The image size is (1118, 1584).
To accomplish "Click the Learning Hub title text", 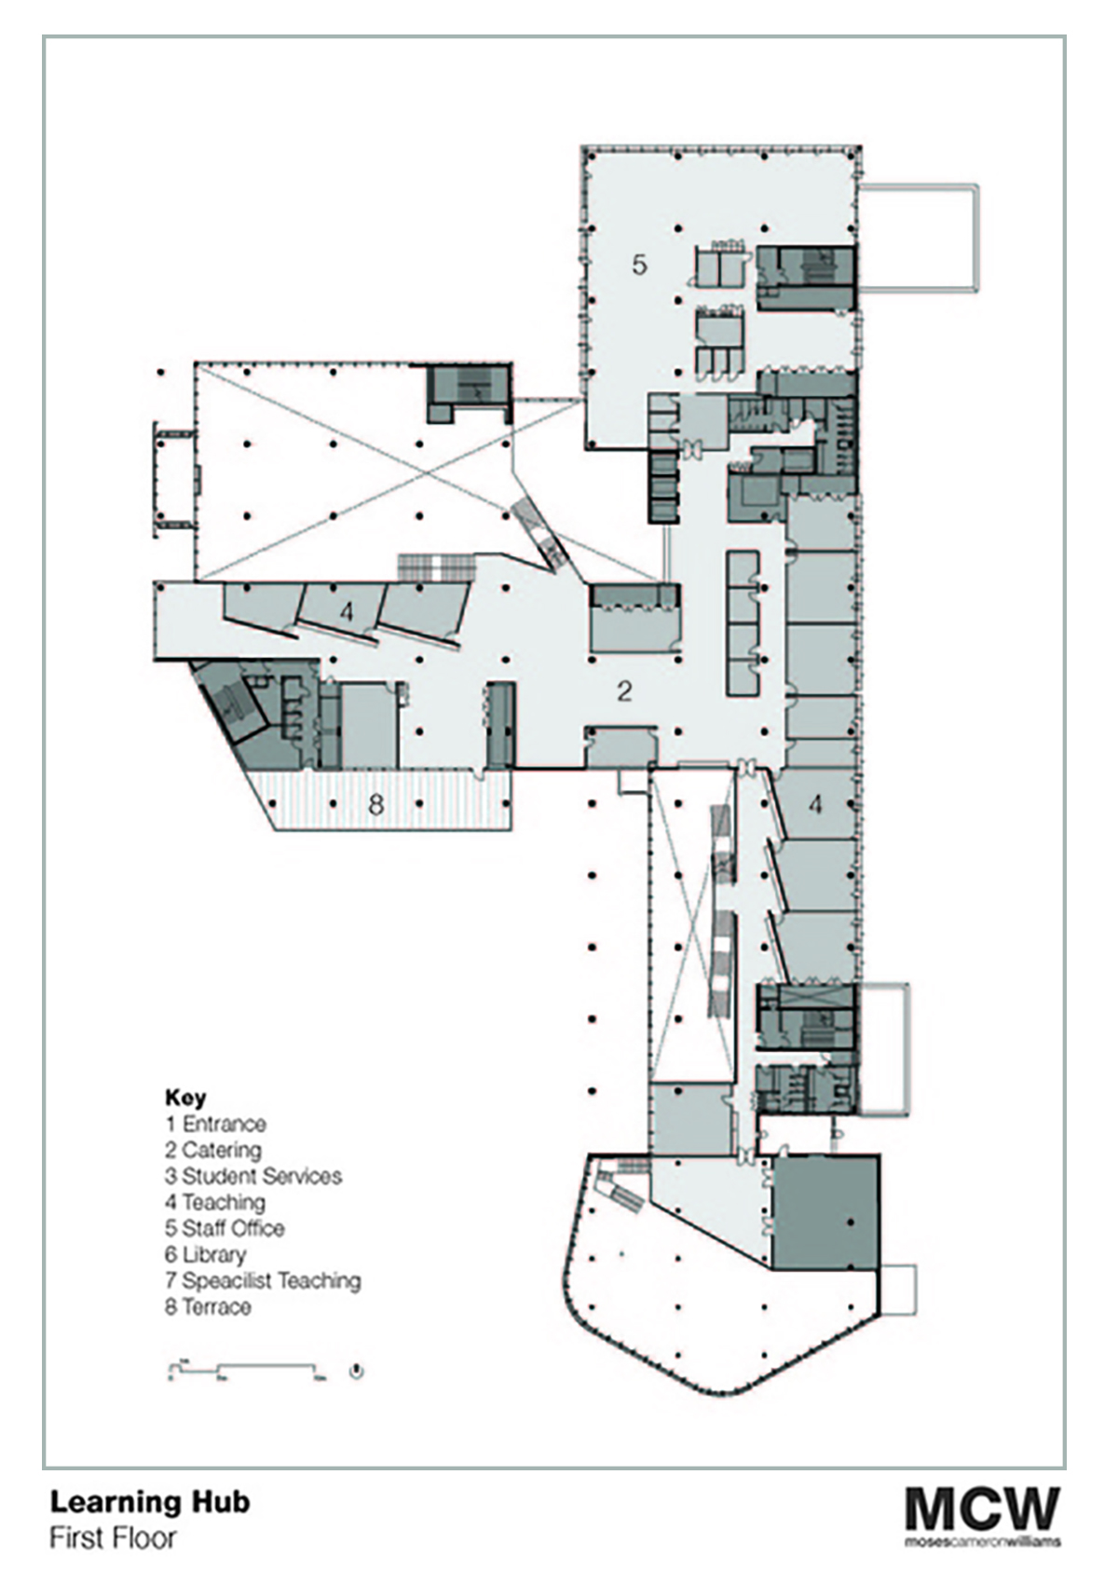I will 150,1501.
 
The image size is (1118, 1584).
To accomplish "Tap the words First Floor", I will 113,1537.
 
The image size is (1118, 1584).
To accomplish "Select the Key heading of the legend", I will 185,1097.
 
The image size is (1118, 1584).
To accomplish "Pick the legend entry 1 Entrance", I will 216,1124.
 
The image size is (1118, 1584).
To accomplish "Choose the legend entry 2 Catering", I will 213,1150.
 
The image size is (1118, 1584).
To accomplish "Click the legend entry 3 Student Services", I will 253,1176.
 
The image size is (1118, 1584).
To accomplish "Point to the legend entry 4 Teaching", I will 215,1202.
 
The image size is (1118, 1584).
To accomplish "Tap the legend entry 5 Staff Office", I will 225,1228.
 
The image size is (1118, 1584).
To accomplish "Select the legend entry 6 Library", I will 206,1254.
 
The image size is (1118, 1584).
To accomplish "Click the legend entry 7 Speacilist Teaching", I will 263,1280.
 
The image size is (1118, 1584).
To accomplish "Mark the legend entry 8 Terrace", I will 209,1306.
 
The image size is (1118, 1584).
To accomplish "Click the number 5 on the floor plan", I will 638,265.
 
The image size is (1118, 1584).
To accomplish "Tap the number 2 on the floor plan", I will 625,690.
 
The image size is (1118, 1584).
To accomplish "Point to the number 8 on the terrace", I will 375,803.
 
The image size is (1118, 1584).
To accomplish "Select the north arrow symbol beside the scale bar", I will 357,1371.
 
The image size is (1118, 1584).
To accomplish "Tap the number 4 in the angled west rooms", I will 347,612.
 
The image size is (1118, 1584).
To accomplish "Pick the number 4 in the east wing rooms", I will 815,804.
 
